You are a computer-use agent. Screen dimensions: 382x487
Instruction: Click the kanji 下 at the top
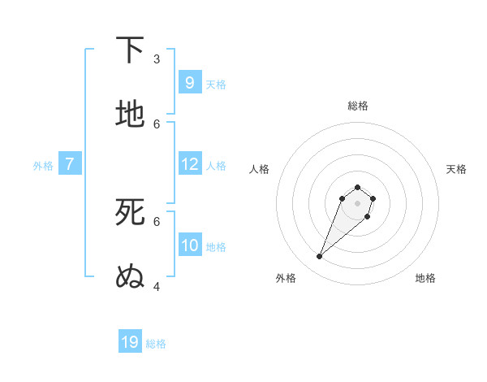(x=130, y=50)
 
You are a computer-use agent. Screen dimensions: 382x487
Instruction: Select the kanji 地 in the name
(x=130, y=114)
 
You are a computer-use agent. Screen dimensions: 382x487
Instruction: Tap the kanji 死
(x=130, y=211)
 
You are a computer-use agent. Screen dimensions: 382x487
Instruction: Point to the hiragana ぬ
(x=130, y=276)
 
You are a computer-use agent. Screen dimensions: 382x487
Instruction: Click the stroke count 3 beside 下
(x=157, y=59)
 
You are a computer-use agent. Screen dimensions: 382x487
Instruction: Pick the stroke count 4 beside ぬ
(x=157, y=286)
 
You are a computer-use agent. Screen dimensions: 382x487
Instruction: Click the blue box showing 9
(x=190, y=82)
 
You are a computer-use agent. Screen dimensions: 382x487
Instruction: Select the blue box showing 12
(x=190, y=163)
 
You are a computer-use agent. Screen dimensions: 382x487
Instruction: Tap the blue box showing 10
(x=190, y=245)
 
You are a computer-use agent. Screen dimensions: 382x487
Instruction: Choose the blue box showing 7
(x=70, y=163)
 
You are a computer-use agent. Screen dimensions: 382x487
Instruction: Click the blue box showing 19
(x=130, y=342)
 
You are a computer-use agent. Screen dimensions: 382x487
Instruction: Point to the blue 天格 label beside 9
(x=216, y=84)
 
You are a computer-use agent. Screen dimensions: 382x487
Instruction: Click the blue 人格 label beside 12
(x=216, y=165)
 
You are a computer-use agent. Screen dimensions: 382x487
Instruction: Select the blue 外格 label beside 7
(x=43, y=165)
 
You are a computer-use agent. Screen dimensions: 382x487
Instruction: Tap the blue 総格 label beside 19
(x=156, y=344)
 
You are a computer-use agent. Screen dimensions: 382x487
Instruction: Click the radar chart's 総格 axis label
(x=358, y=106)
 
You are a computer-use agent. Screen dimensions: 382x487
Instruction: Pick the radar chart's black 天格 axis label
(x=457, y=169)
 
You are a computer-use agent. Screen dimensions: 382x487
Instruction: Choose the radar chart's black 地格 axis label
(x=425, y=278)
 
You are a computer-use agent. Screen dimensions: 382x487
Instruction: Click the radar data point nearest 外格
(x=320, y=257)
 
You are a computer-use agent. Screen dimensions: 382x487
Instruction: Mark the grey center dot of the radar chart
(x=357, y=203)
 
